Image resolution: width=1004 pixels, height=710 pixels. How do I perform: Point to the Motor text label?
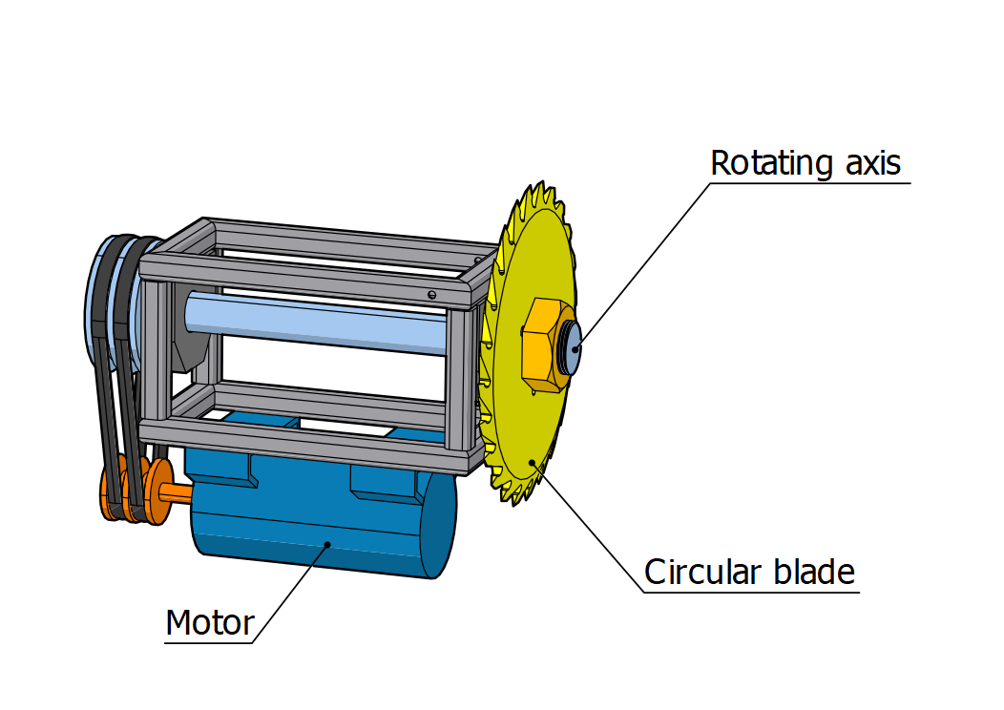pyautogui.click(x=210, y=623)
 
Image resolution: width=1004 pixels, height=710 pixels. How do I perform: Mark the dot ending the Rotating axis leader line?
pyautogui.click(x=575, y=347)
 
